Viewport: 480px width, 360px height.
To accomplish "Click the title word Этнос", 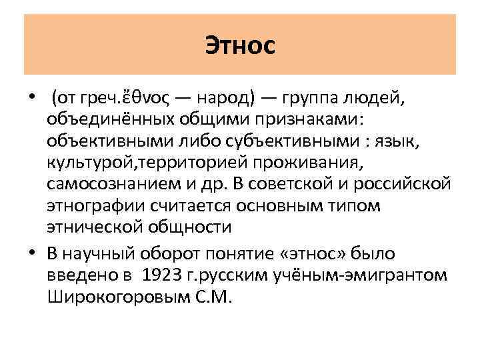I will pos(240,47).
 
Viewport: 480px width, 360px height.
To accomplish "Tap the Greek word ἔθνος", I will pos(148,100).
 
